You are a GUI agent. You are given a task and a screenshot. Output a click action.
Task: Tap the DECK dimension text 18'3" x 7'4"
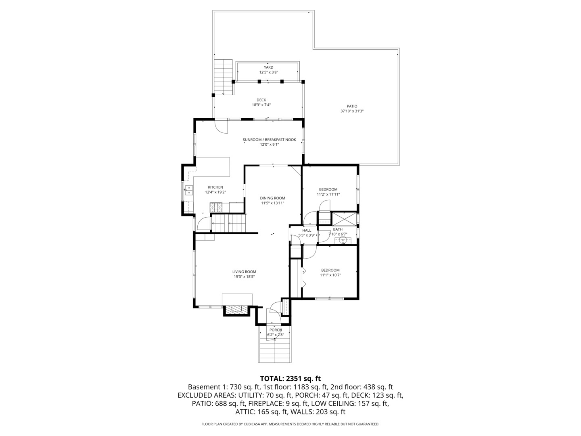click(261, 105)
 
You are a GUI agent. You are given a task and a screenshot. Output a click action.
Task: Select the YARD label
click(268, 67)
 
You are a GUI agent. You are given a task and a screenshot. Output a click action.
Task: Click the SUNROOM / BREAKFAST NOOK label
click(269, 140)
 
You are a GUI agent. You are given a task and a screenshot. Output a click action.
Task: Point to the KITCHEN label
click(215, 187)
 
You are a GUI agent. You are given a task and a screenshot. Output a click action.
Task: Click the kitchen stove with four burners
click(216, 208)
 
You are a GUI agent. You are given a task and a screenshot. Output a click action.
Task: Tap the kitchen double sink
click(188, 190)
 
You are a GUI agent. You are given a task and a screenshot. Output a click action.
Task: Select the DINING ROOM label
click(272, 198)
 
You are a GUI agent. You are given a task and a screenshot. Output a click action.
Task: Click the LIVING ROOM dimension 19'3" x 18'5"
click(244, 277)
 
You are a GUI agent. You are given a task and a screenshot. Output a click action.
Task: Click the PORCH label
click(276, 330)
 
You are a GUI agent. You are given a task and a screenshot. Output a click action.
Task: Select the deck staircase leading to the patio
click(224, 77)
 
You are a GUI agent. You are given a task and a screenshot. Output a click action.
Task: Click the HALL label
click(307, 231)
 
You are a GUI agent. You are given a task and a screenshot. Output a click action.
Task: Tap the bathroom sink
click(343, 241)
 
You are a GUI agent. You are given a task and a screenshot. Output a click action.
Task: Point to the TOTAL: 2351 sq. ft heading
click(290, 379)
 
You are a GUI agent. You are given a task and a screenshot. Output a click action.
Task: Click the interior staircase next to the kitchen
click(229, 223)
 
